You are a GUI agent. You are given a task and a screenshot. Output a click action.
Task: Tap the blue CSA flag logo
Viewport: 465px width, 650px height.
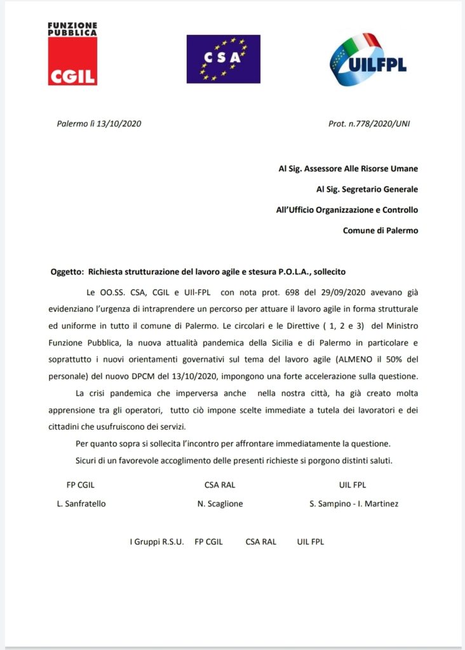click(223, 59)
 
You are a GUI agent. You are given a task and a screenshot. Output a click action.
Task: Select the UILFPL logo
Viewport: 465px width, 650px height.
click(368, 60)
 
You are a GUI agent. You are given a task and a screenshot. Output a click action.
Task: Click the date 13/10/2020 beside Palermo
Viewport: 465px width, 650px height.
click(119, 124)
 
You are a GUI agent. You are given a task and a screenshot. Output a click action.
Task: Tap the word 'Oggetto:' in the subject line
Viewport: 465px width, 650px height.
click(67, 272)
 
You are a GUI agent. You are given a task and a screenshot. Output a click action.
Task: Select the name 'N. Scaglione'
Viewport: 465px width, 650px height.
click(220, 504)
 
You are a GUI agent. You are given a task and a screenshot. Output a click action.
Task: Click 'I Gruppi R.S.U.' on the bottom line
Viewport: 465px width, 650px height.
click(156, 542)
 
